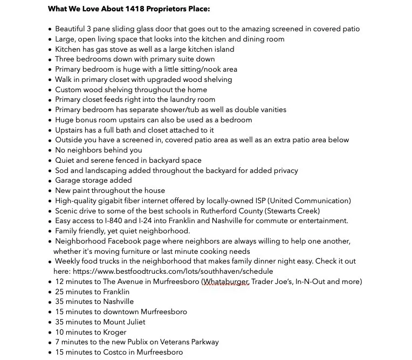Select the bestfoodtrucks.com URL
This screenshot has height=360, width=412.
(173, 271)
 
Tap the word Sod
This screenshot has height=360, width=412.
(62, 170)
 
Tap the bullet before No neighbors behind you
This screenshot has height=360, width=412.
(50, 150)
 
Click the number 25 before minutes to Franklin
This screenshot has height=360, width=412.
(59, 292)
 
